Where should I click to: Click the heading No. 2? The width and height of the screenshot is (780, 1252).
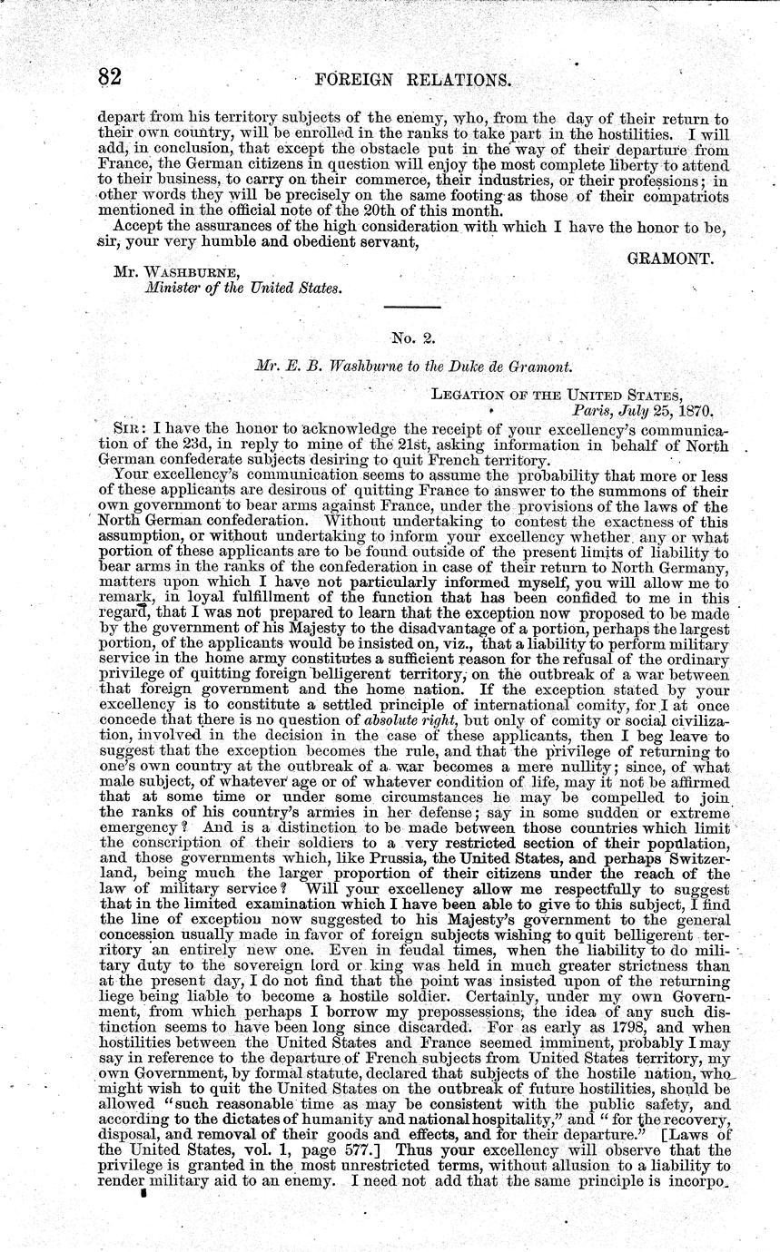point(416,338)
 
